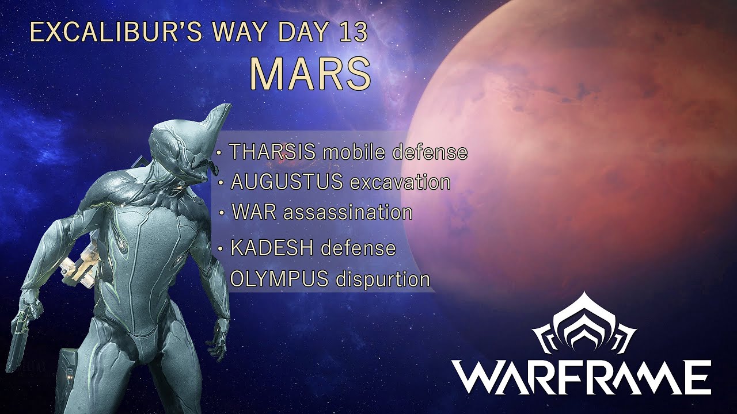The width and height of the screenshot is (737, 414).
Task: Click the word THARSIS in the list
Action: (272, 152)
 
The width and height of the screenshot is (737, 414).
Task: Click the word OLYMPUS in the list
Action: (279, 279)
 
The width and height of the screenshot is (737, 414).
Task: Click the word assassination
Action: (348, 212)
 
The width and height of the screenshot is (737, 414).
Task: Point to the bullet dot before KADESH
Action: (221, 250)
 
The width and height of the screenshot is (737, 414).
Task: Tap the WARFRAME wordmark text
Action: (582, 377)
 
